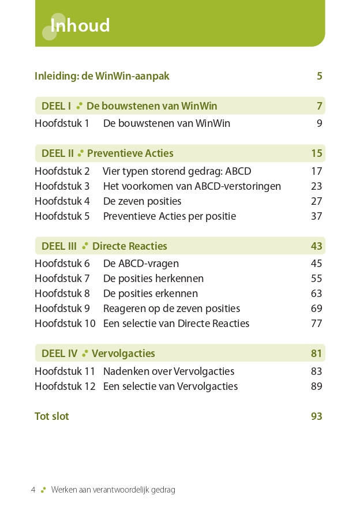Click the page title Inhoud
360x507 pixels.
[80, 26]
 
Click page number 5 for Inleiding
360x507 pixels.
[319, 76]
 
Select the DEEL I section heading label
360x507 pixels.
[56, 106]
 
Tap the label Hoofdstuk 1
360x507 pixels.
[62, 123]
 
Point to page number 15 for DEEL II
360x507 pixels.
[316, 153]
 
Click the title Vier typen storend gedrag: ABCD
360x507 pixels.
[177, 171]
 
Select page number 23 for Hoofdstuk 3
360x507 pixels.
[316, 186]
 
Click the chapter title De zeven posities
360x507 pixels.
[142, 201]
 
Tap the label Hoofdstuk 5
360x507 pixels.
[62, 216]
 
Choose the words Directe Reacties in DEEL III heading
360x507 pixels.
[129, 246]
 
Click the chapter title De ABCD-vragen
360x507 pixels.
[141, 264]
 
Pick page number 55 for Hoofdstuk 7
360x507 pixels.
[316, 279]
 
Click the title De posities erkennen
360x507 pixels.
[150, 294]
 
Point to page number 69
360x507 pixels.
[316, 309]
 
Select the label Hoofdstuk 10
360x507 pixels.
[65, 324]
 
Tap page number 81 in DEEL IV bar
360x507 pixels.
[316, 354]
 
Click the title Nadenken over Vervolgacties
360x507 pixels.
[168, 371]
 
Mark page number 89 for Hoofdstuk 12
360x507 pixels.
[316, 386]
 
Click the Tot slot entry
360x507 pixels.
[51, 416]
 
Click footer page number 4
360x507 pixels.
[33, 490]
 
